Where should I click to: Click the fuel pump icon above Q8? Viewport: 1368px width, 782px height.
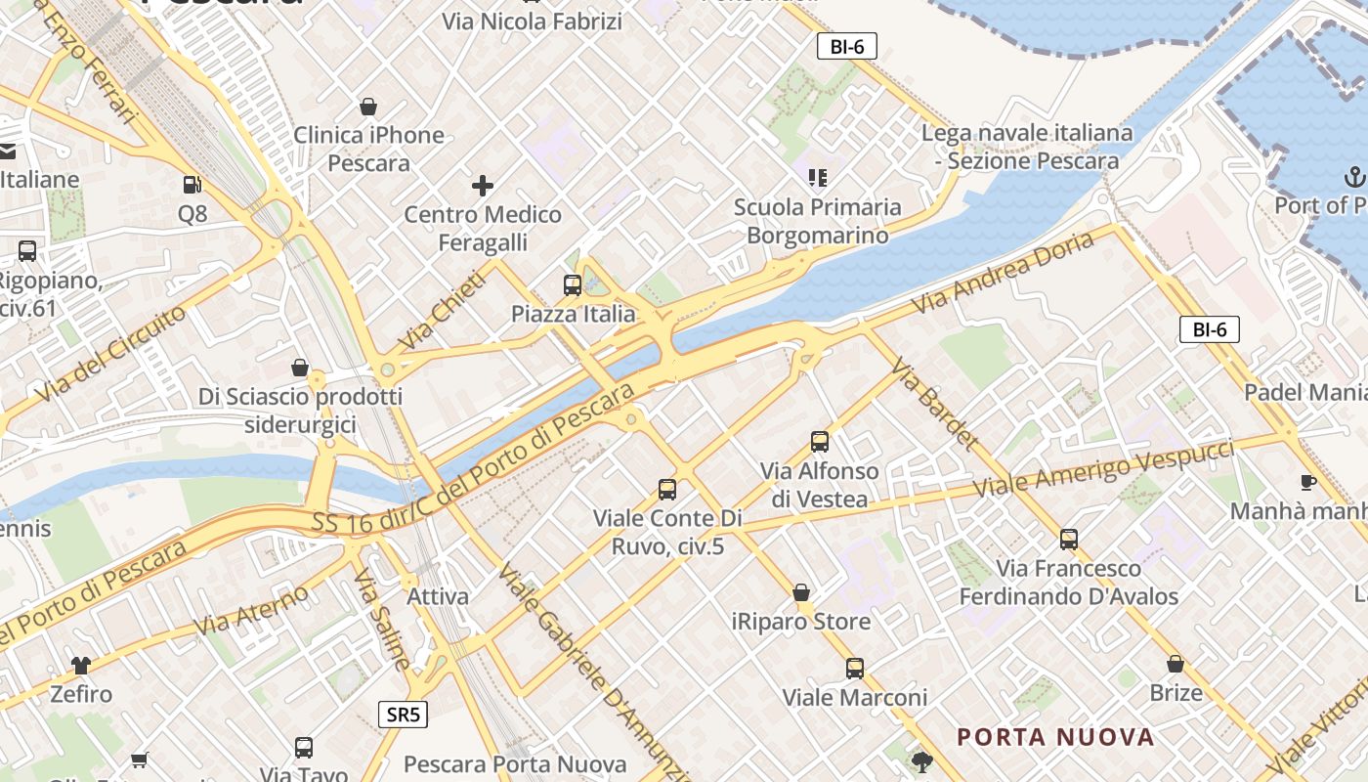point(192,184)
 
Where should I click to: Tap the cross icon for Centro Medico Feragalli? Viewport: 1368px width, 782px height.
point(483,185)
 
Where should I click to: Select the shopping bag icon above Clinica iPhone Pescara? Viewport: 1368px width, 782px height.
point(368,107)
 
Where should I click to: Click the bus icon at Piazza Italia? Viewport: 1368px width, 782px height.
point(573,285)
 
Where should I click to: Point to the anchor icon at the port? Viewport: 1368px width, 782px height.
point(1354,177)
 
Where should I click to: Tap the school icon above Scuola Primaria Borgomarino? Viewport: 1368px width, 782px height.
point(818,177)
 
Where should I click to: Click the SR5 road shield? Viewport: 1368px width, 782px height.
point(403,715)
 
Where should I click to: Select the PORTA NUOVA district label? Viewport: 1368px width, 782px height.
point(1055,737)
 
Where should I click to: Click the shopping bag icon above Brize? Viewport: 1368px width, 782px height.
point(1176,664)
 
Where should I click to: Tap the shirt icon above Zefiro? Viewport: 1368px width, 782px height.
point(81,666)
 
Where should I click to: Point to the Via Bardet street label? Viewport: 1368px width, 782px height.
point(934,404)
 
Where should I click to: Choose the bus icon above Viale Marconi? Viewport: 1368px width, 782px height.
point(855,669)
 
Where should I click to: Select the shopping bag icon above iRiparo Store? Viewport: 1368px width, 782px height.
point(801,592)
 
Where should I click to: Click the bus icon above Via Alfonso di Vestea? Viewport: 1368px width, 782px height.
point(820,442)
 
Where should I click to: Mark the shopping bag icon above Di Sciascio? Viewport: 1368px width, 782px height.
point(300,368)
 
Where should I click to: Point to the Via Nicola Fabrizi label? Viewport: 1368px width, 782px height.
point(532,21)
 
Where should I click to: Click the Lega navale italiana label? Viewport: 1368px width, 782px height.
point(1028,146)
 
